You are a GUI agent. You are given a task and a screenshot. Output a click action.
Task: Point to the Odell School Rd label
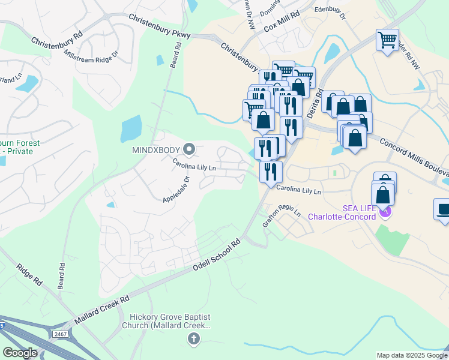217,256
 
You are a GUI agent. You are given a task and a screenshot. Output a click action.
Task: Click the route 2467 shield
59,334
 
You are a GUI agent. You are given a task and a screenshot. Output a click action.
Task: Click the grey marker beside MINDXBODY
189,148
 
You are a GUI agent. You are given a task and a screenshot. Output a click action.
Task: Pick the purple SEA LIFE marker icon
387,212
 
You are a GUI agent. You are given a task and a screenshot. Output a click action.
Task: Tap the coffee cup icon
444,209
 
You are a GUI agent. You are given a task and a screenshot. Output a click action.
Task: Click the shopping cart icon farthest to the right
387,40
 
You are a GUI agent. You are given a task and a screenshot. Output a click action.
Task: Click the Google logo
20,353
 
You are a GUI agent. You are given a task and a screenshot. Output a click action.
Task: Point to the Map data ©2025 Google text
411,355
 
